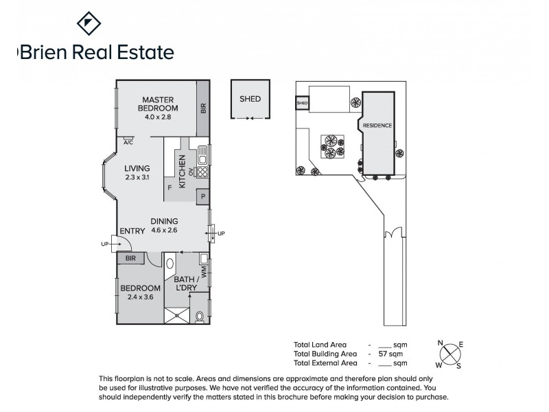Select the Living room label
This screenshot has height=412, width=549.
click(x=137, y=168)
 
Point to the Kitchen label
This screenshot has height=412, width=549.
click(x=182, y=172)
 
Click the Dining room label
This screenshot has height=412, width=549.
click(x=165, y=221)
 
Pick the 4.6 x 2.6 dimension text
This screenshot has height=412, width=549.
click(x=165, y=231)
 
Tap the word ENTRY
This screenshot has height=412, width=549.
click(x=132, y=231)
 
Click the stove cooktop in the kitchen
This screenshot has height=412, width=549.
click(x=203, y=169)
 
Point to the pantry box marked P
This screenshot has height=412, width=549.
click(x=204, y=197)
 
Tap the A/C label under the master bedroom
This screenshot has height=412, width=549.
click(x=128, y=143)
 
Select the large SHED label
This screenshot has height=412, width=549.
click(x=250, y=99)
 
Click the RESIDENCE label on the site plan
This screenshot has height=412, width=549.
click(x=377, y=126)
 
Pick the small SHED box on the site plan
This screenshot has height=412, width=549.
click(x=302, y=104)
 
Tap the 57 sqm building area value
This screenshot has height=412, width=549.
click(x=388, y=354)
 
